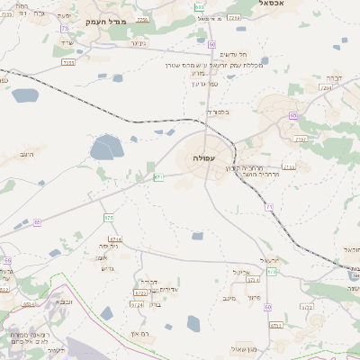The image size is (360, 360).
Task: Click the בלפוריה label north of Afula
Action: point(219,112)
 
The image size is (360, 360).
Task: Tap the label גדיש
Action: point(109,268)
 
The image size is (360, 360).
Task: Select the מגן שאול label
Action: point(245,348)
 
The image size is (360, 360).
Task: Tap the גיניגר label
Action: point(138,42)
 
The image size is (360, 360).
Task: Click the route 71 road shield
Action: point(269,208)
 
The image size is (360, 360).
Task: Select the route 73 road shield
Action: point(66,29)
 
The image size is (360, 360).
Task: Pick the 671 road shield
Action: point(158,177)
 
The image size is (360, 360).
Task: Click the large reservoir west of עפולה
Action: point(106,147)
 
